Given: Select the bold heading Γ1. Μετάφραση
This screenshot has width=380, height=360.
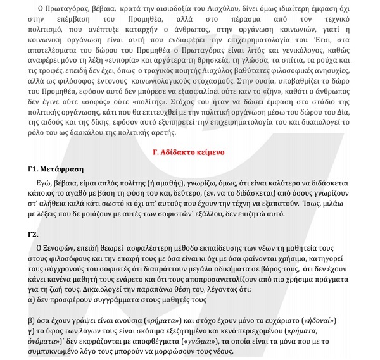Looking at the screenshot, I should pos(56,170).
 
